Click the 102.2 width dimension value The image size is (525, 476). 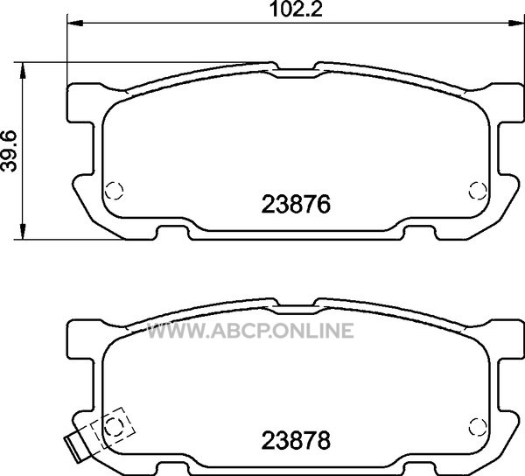click(296, 9)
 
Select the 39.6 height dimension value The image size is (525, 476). click(9, 151)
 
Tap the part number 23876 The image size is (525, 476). click(296, 204)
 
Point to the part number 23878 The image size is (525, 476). click(296, 440)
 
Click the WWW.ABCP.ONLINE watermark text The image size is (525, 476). click(250, 331)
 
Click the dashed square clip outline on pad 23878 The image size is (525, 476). click(113, 428)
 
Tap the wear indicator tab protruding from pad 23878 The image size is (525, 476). click(77, 449)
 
